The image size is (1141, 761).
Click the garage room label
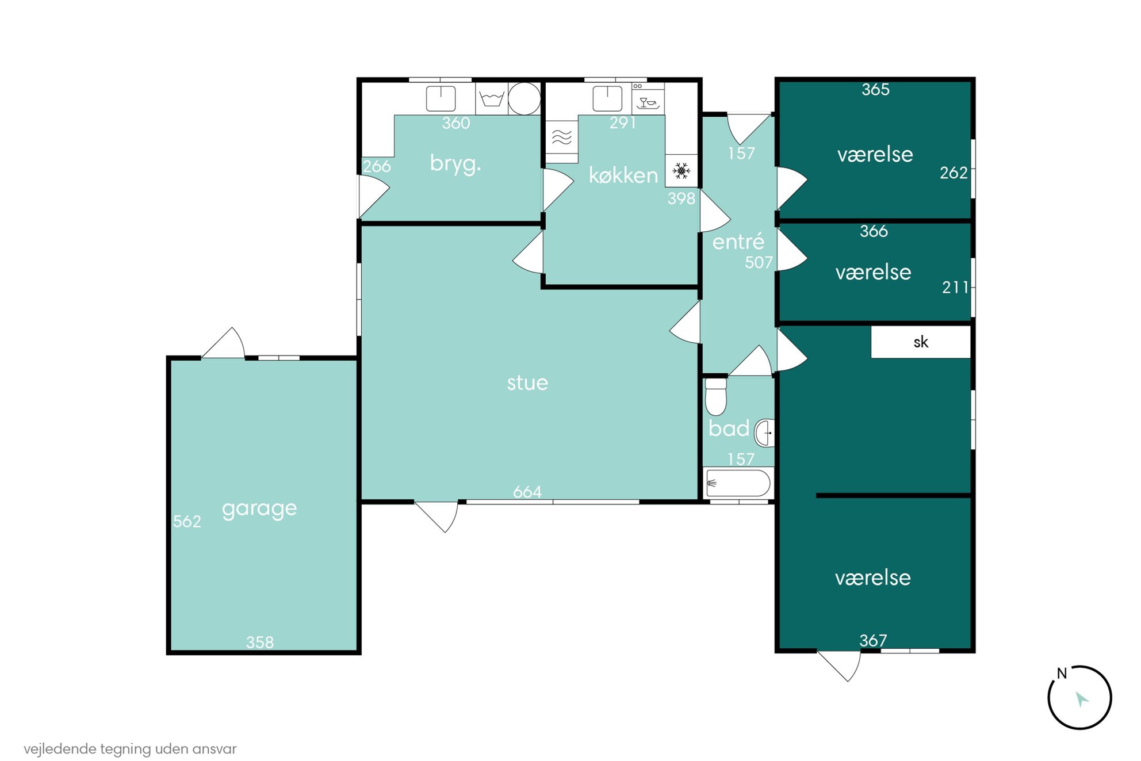point(259,509)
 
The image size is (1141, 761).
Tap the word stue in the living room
point(527,383)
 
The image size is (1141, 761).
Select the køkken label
point(623,175)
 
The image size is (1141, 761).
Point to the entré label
point(738,242)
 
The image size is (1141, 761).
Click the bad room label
point(729,429)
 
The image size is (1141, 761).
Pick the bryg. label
point(455,164)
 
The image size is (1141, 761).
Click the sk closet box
point(921,342)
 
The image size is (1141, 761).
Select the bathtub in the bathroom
point(738,483)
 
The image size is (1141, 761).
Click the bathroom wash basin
point(765,433)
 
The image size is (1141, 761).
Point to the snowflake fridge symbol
point(681,171)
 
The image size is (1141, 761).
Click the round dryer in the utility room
point(524,98)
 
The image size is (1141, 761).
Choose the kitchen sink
point(607,98)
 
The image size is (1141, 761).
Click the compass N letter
point(1062,673)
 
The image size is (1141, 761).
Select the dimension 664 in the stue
point(527,492)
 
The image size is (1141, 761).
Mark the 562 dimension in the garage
point(187,522)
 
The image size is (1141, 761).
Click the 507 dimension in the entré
point(759,263)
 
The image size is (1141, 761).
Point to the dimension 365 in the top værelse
point(875,90)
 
